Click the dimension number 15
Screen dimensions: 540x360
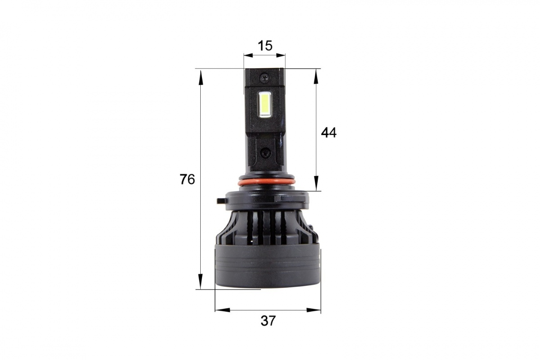pyautogui.click(x=265, y=45)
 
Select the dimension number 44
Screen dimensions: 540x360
pyautogui.click(x=328, y=133)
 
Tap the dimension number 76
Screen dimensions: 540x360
pyautogui.click(x=187, y=180)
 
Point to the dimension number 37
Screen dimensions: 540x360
pyautogui.click(x=268, y=321)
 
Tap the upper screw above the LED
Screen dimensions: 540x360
pyautogui.click(x=265, y=78)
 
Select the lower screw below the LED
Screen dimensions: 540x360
pyautogui.click(x=265, y=153)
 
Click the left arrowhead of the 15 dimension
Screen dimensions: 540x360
pyautogui.click(x=248, y=55)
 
